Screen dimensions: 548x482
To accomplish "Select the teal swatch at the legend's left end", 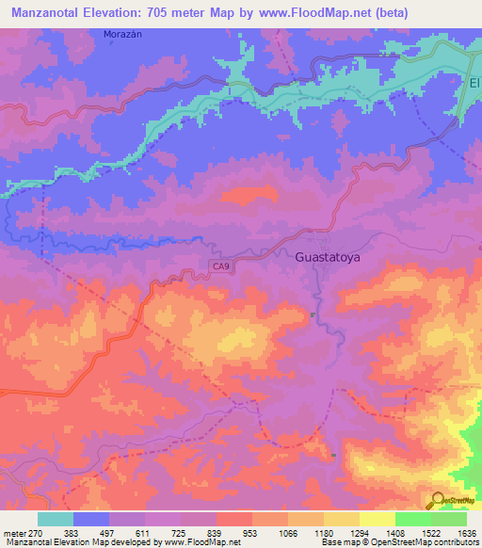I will point(56,519).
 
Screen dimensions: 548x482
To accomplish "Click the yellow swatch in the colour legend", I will point(377,519).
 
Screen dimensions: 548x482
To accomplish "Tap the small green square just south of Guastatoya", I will point(313,314).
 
